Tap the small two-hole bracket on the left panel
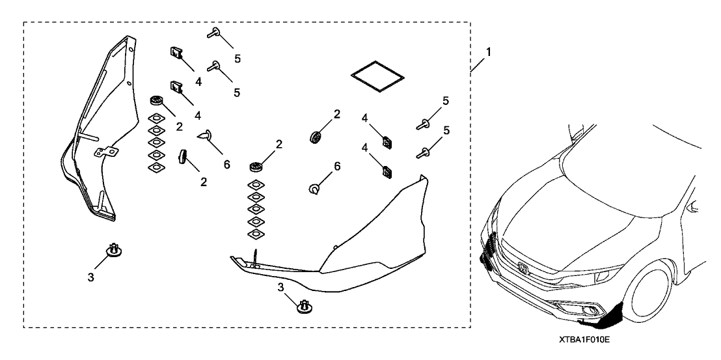[107, 152]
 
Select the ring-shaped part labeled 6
[314, 188]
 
